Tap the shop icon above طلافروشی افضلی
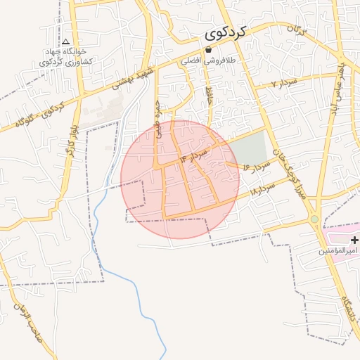tap(208, 50)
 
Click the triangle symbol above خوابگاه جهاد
tap(65, 41)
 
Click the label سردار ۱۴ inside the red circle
tap(195, 155)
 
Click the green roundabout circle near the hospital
tap(314, 220)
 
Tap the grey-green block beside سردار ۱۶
tap(249, 147)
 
